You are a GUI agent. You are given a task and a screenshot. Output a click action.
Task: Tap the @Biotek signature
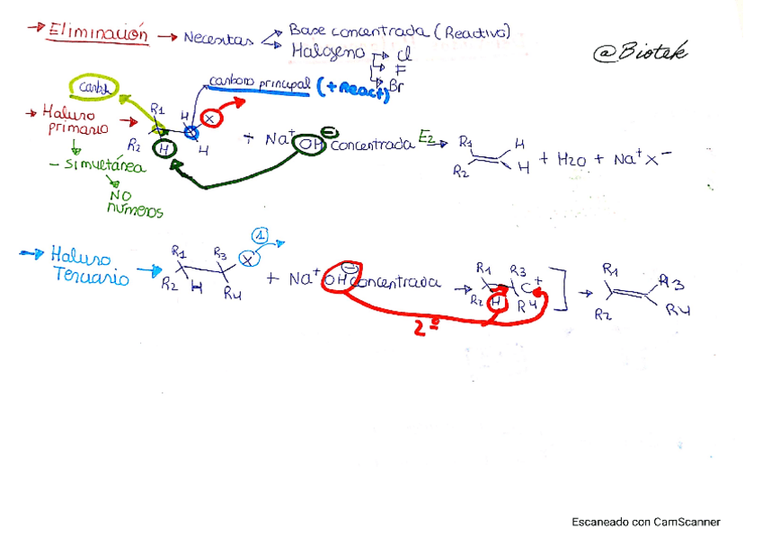[640, 53]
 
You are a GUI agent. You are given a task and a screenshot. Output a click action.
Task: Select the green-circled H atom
[163, 149]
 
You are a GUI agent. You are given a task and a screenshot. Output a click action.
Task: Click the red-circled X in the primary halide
[209, 118]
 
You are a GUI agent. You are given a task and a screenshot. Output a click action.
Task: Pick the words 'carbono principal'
[258, 84]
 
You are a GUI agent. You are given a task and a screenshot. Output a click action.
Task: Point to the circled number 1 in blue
[261, 236]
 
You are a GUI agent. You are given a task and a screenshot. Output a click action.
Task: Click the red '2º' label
[427, 328]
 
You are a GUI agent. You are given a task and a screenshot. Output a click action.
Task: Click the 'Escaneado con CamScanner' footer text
[645, 522]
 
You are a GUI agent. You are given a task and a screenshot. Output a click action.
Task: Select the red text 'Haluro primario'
[77, 120]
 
